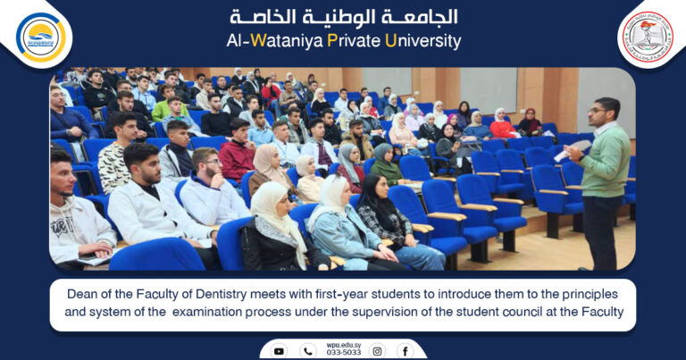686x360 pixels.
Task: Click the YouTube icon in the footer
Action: tap(279, 351)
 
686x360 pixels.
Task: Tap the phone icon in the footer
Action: tap(308, 351)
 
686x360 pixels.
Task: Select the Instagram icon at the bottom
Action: tap(377, 351)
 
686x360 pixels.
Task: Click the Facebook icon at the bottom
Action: tap(405, 351)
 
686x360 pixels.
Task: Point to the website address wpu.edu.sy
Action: tap(343, 345)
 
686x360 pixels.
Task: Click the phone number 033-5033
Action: tap(343, 353)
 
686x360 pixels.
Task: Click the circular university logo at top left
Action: tap(41, 37)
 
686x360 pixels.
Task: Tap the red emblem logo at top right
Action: tap(646, 37)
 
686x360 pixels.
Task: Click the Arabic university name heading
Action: tap(344, 17)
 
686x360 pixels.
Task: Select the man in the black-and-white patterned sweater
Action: tap(114, 161)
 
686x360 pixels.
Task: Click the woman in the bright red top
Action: tap(502, 126)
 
